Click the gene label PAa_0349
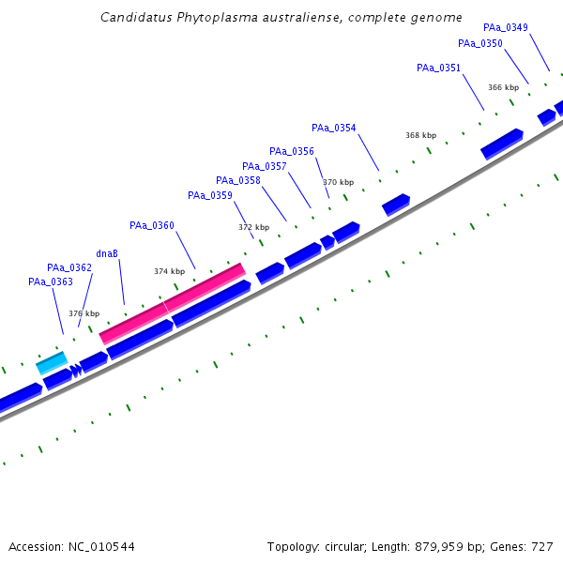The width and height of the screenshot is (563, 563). click(x=506, y=27)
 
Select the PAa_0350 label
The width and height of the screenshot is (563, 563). click(x=479, y=43)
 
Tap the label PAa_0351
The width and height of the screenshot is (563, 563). click(x=438, y=68)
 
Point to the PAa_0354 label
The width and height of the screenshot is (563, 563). click(x=333, y=128)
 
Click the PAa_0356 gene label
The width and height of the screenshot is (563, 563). click(x=291, y=151)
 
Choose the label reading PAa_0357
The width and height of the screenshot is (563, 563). click(x=264, y=166)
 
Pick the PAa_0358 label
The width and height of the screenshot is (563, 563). click(x=237, y=180)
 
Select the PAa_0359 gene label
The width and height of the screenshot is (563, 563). click(x=209, y=195)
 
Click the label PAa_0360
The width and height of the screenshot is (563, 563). click(x=151, y=225)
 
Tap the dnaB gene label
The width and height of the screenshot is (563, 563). click(x=107, y=253)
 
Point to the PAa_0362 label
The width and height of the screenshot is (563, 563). click(x=69, y=267)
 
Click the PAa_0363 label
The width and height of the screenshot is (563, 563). click(x=50, y=281)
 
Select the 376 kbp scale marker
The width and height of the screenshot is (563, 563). click(x=84, y=313)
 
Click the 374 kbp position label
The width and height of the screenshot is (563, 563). click(x=169, y=271)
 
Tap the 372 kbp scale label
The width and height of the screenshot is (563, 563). click(x=253, y=227)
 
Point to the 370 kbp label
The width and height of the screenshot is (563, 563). click(x=338, y=182)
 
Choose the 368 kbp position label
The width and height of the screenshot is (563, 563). click(x=420, y=135)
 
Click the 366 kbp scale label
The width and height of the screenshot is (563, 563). click(x=503, y=87)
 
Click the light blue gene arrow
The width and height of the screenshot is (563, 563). click(x=52, y=362)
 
